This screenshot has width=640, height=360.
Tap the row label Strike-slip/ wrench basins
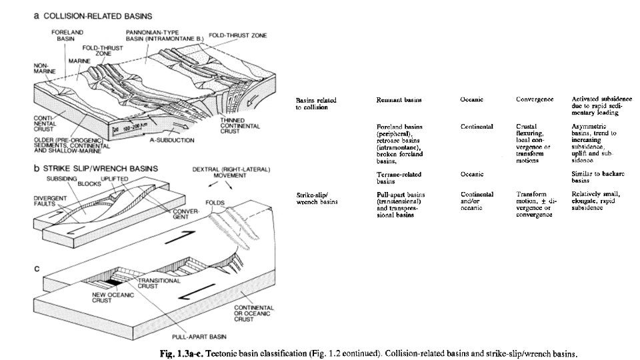pyautogui.click(x=317, y=197)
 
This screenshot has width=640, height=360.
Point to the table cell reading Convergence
pyautogui.click(x=534, y=100)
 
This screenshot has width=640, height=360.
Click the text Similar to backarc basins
pyautogui.click(x=595, y=177)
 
